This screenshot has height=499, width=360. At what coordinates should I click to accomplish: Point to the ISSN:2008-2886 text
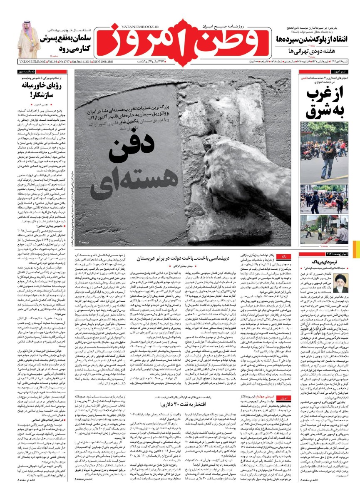pos(104,62)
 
